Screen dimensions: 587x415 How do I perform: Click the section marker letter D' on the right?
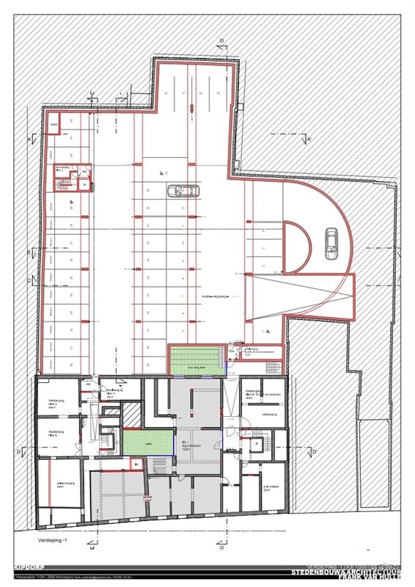click(314, 452)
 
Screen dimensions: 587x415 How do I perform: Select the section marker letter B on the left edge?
click(29, 252)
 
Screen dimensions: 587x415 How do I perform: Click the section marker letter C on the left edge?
click(29, 280)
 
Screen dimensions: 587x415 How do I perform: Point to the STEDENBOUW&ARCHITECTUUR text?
click(345, 570)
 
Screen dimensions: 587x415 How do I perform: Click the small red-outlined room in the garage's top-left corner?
click(53, 127)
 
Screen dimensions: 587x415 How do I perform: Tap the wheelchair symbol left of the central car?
click(162, 173)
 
